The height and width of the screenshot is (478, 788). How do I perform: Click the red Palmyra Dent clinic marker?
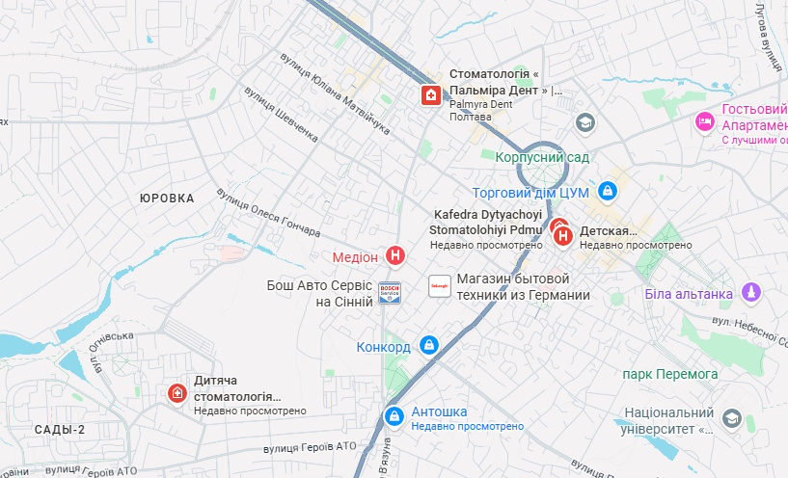pos(429,94)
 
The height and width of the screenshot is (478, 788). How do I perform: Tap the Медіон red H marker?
pos(394,255)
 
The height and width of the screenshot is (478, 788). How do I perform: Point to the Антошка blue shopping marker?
pos(393,415)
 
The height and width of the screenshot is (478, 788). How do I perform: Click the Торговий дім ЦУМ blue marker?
pos(608,192)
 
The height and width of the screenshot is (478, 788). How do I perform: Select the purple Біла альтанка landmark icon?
pos(751,292)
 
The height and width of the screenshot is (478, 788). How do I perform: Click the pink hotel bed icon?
pos(705,121)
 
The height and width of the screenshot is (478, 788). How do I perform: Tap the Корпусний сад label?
pos(541,156)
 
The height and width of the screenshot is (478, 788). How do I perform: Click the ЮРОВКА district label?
pos(167,198)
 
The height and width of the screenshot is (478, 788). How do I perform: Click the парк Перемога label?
pos(670,373)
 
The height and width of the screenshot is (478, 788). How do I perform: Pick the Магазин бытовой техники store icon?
pos(438,286)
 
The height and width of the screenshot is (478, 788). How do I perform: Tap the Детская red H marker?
pos(564,234)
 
